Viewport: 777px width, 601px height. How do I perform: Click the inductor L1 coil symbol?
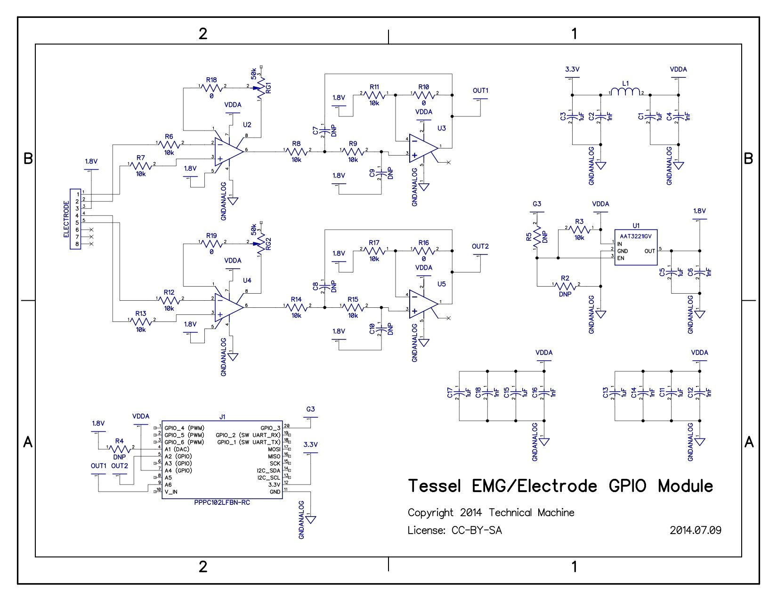625,92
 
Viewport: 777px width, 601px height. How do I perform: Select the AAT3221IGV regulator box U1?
636,247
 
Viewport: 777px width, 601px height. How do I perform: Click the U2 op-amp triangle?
229,151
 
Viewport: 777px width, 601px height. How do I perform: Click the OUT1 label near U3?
480,91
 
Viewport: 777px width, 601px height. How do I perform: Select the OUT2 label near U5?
480,247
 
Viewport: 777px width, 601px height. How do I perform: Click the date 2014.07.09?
695,530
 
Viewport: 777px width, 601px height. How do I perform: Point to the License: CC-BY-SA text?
454,530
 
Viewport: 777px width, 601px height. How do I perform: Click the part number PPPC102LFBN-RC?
222,502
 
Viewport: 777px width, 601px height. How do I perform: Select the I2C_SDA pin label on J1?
269,470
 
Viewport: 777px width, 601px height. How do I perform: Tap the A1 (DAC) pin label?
177,449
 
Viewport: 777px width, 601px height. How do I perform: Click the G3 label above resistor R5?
537,204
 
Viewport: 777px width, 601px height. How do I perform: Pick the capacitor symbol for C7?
323,131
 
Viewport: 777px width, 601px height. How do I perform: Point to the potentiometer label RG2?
268,244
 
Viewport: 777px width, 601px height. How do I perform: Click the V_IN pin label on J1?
171,492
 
